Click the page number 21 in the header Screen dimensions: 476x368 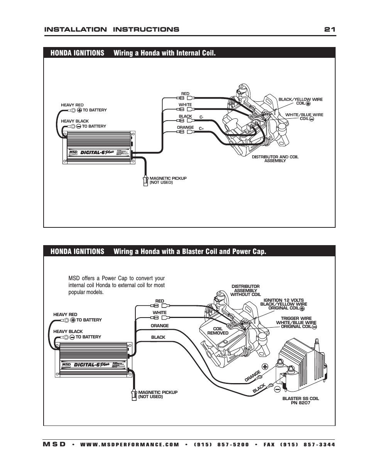coord(329,30)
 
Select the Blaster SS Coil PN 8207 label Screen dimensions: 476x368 coord(300,400)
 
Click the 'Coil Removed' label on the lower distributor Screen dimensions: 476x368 coord(218,331)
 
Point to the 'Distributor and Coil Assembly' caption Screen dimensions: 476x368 coord(275,158)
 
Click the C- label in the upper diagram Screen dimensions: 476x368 coord(201,117)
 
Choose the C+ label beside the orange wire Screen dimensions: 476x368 coord(201,128)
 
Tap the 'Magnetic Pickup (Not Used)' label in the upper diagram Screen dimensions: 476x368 coord(168,180)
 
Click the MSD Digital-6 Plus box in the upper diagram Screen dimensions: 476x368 coord(98,147)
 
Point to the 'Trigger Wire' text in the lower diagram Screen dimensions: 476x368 coord(296,318)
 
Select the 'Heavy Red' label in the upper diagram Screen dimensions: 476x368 coord(72,105)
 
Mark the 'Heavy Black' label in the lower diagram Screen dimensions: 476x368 coord(68,331)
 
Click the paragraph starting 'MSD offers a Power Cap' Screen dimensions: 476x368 coord(116,285)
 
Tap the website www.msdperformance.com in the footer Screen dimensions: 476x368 coord(130,444)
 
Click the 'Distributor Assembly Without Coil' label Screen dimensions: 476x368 coord(245,290)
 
